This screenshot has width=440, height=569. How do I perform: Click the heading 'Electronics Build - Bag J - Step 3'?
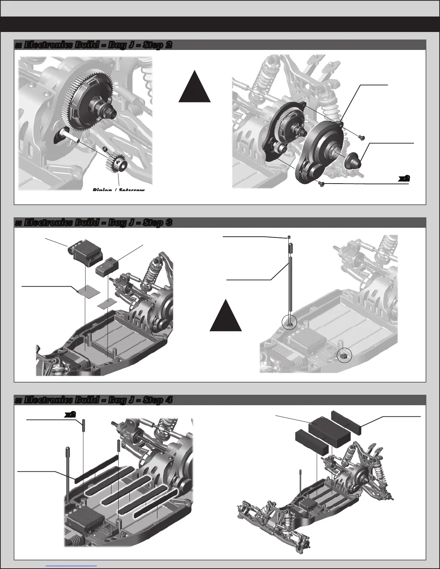click(x=93, y=223)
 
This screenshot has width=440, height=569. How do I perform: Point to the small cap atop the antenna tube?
click(x=289, y=237)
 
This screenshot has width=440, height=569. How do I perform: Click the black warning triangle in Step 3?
click(x=226, y=317)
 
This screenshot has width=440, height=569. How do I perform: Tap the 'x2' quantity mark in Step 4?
click(x=70, y=414)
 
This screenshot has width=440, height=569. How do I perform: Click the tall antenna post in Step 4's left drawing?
click(x=68, y=472)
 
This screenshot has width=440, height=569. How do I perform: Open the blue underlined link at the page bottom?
click(x=72, y=566)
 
